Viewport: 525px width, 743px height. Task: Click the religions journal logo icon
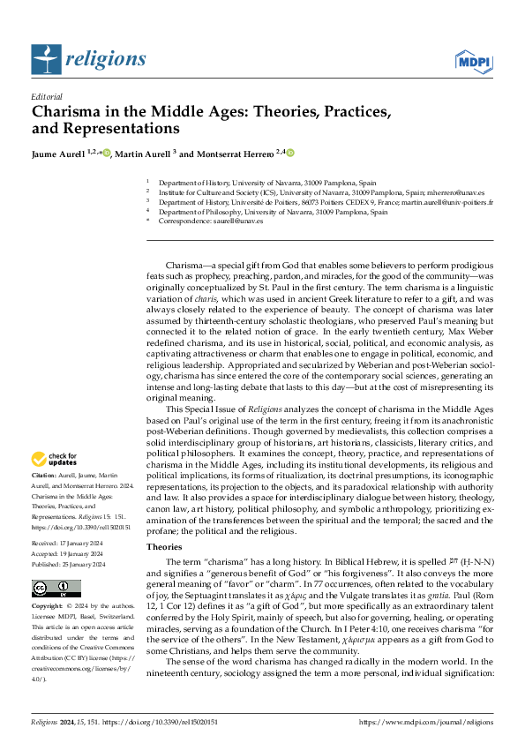[44, 59]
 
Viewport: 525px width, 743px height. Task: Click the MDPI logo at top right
[472, 60]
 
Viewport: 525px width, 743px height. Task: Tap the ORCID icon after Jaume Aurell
[107, 153]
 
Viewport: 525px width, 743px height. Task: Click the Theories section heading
[163, 546]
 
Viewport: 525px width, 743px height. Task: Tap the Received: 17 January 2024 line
[69, 539]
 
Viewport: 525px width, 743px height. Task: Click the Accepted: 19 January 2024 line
[69, 551]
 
